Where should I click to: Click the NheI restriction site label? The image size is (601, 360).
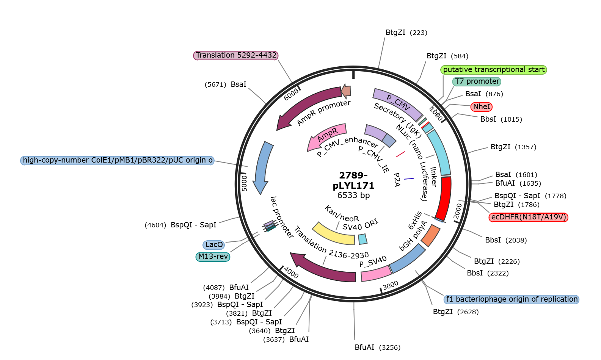click(x=481, y=107)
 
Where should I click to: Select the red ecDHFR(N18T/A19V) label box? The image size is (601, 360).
click(x=528, y=217)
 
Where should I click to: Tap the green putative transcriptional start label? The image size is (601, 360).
click(x=494, y=70)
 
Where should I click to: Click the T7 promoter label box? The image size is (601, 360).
click(x=477, y=81)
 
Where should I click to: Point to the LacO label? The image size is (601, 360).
click(x=214, y=244)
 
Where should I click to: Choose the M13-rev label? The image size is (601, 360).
click(x=213, y=257)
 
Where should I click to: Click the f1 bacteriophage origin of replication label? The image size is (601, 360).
click(x=512, y=299)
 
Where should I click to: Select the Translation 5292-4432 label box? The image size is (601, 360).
click(x=236, y=55)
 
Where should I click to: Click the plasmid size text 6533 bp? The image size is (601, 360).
click(x=353, y=195)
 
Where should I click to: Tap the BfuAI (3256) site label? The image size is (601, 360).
click(x=378, y=347)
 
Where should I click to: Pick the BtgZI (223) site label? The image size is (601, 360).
click(x=406, y=33)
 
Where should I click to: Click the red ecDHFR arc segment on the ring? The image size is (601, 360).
click(x=443, y=198)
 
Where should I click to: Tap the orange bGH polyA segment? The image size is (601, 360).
click(x=431, y=235)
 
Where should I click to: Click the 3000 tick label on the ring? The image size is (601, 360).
click(x=391, y=285)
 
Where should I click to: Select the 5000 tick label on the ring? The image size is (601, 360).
click(x=244, y=183)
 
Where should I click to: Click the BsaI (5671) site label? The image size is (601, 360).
click(x=225, y=85)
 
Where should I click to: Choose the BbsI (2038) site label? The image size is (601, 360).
click(x=506, y=240)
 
